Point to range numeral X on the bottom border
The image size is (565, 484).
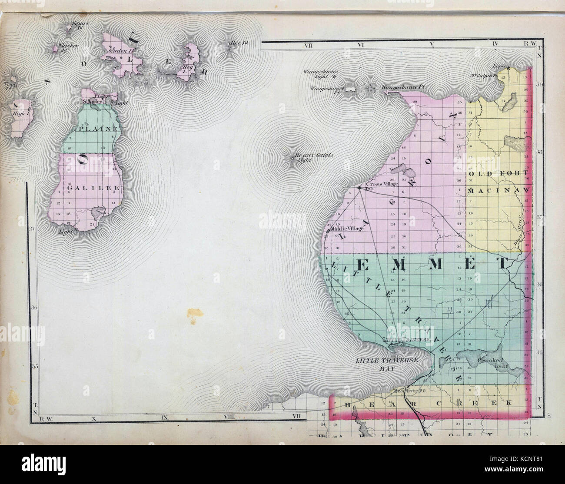(x=93, y=419)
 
